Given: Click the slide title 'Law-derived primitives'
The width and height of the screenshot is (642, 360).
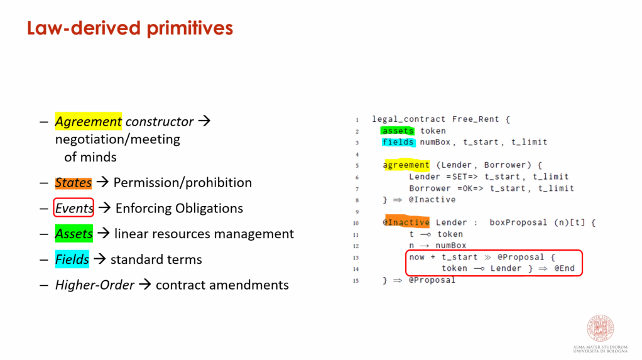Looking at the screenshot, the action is (130, 28).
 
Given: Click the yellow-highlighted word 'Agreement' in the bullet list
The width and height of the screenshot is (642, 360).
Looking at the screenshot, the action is (89, 121).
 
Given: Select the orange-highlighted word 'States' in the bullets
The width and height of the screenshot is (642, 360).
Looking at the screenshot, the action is (73, 182).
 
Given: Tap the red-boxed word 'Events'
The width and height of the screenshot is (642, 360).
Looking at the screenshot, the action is (73, 208).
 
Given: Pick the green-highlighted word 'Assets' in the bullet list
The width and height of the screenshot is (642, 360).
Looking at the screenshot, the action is (74, 234).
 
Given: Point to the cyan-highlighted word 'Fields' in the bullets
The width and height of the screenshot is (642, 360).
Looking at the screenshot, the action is (72, 259).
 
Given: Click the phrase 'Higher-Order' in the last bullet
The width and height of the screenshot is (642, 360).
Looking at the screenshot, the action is (95, 285).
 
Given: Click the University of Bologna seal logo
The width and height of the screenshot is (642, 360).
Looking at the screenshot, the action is (601, 328).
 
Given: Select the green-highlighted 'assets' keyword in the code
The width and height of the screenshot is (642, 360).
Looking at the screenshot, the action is (398, 131).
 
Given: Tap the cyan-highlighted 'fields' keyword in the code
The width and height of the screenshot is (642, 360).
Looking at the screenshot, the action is (398, 142).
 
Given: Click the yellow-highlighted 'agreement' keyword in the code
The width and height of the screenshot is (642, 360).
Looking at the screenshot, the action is (406, 165).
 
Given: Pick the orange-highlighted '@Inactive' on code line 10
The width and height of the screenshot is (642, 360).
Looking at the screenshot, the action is (406, 222).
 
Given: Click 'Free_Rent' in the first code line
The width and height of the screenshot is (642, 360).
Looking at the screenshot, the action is (476, 119).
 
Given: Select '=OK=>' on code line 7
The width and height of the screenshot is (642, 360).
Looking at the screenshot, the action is (470, 188).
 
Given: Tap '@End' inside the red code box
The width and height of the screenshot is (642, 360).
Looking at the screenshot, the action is (564, 268).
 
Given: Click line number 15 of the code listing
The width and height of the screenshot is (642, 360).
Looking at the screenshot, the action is (356, 281).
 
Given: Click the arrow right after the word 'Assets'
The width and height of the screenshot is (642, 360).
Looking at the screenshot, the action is (103, 233).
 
